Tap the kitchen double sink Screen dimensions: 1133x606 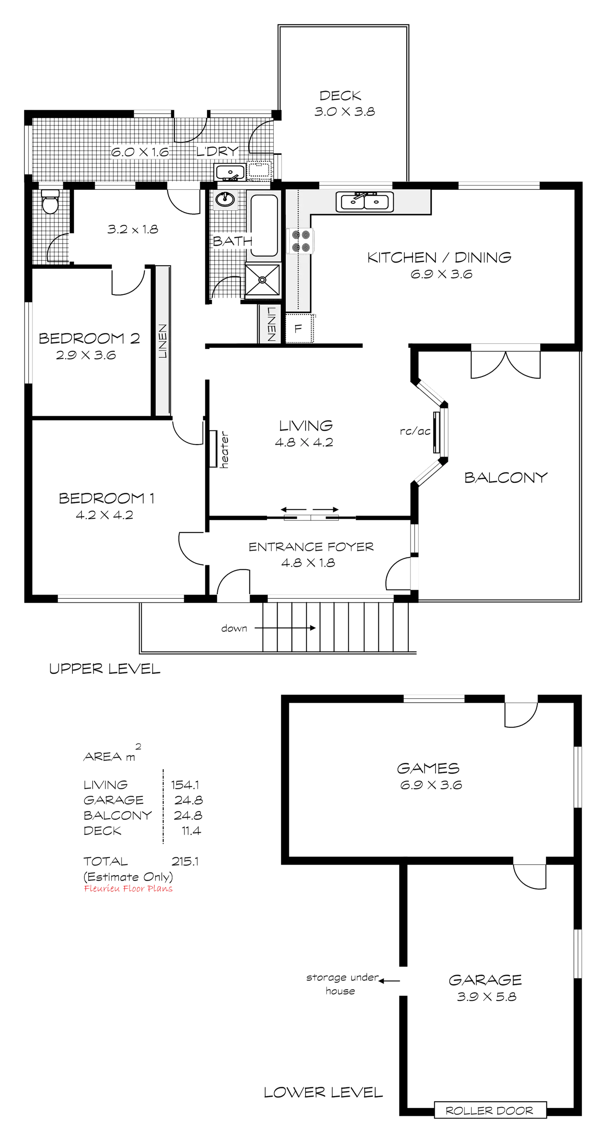click(365, 201)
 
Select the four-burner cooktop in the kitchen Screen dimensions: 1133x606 click(301, 241)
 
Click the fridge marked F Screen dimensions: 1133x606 click(298, 329)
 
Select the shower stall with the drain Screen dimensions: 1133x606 click(263, 279)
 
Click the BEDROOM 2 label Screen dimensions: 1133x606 click(90, 338)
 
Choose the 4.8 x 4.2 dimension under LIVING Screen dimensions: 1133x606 click(304, 442)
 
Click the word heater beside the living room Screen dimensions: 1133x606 click(225, 449)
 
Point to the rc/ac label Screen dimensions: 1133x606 click(415, 432)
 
